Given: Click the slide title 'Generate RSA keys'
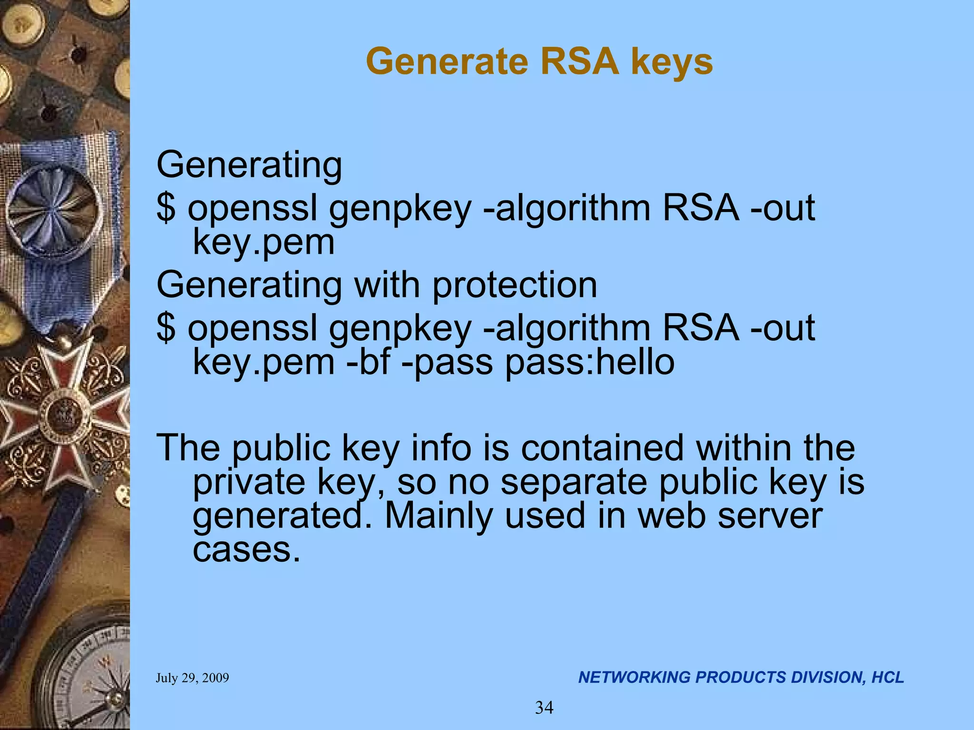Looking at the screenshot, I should click(x=539, y=62).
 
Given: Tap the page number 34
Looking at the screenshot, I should click(x=544, y=708).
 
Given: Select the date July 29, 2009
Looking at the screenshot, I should click(x=192, y=678).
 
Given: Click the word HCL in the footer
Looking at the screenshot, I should click(x=887, y=677).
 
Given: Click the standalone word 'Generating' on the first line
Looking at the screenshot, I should click(x=249, y=165).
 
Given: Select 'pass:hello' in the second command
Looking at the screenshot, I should click(x=590, y=362).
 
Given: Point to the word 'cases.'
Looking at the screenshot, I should click(x=246, y=550).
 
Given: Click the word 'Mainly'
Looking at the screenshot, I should click(x=438, y=516).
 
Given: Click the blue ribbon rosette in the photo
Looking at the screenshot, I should click(x=55, y=209).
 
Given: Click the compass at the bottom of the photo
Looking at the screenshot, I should click(x=90, y=675).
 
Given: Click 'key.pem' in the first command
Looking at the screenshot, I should click(x=263, y=242).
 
